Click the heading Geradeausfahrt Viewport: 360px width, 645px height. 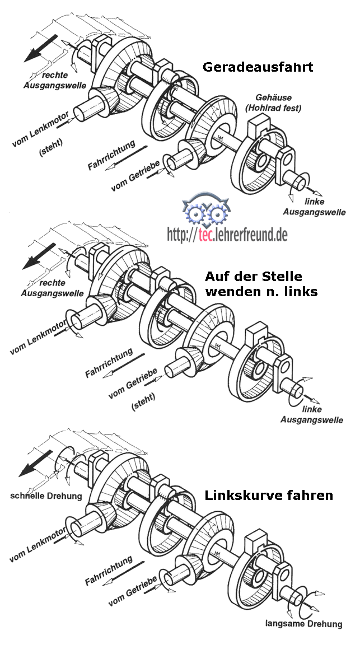pos(257,68)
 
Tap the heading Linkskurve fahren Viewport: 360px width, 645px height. pos(269,496)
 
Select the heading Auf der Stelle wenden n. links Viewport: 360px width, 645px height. pos(254,283)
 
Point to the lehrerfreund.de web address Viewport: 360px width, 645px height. pos(227,235)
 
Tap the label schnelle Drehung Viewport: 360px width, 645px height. pos(46,496)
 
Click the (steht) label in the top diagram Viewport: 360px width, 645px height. pos(52,150)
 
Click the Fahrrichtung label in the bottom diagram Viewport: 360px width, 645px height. pos(109,571)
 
